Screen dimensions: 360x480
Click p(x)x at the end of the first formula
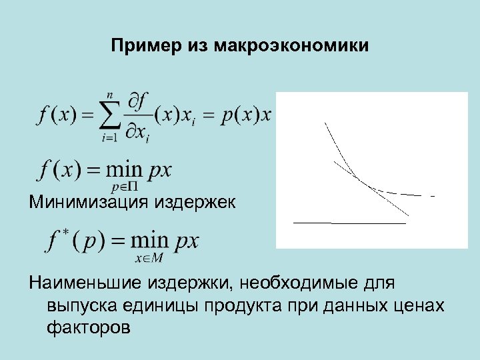click(247, 115)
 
